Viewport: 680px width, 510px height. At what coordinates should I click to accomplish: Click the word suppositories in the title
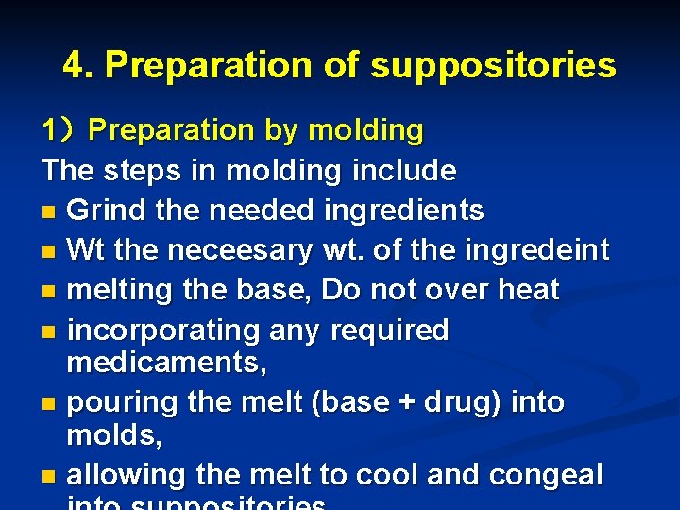tap(493, 65)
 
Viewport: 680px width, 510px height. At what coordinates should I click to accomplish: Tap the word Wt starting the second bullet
tap(87, 250)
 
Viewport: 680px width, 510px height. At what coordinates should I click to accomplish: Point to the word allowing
tap(124, 474)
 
